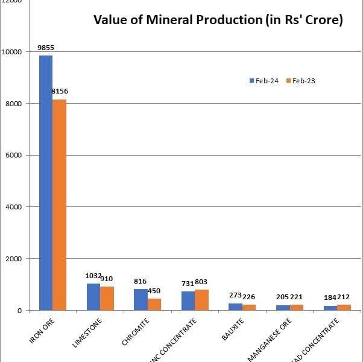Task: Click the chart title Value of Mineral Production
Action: click(218, 21)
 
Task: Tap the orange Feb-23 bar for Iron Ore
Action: click(59, 205)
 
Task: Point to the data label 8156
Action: click(60, 91)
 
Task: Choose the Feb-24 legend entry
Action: click(266, 81)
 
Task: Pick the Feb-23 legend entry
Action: click(304, 81)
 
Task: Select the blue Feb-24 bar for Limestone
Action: click(93, 297)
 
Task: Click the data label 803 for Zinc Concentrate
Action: click(201, 282)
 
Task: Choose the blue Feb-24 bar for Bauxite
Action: click(236, 306)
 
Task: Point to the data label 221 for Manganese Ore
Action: click(297, 297)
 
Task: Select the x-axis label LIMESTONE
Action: click(87, 334)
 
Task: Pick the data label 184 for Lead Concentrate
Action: click(330, 297)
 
